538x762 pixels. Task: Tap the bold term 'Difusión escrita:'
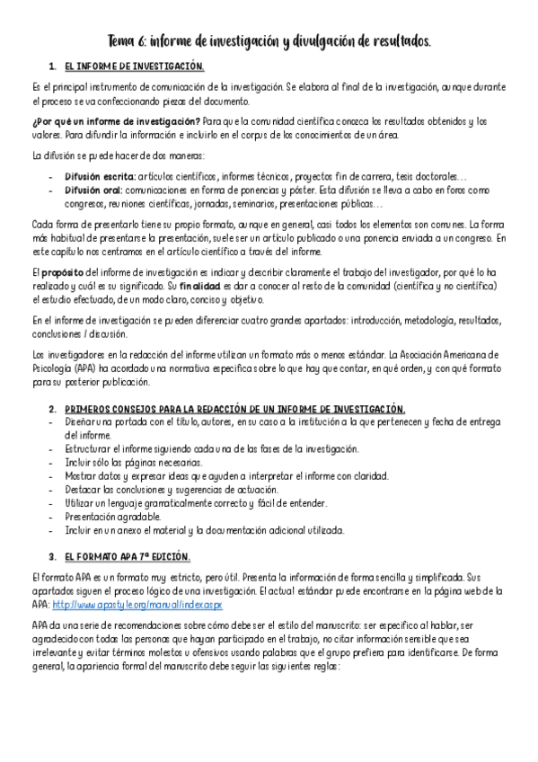[99, 177]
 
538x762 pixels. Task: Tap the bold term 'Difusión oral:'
[93, 190]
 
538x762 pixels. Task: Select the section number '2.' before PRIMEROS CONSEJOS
[52, 409]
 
